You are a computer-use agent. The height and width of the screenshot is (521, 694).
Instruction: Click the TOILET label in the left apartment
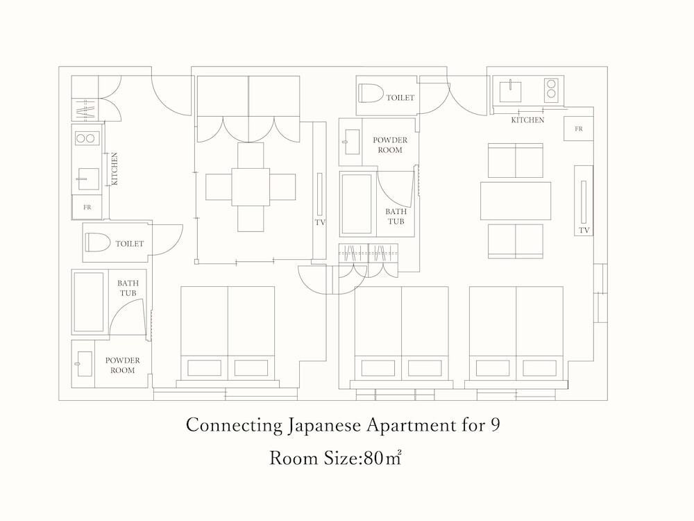point(130,244)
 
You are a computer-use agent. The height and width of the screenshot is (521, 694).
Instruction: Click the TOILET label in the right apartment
point(400,97)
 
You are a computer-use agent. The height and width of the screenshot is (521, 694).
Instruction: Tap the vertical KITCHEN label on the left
point(115,169)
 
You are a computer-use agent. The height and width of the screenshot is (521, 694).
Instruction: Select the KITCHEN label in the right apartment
point(527,120)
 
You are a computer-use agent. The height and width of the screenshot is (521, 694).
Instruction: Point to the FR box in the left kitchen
point(87,207)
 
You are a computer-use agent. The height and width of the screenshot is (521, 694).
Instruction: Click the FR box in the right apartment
point(579,129)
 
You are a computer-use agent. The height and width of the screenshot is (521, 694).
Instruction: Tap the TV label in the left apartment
point(320,222)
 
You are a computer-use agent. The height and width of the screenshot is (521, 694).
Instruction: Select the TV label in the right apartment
point(584,231)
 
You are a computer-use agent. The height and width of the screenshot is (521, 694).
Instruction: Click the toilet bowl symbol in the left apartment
point(98,242)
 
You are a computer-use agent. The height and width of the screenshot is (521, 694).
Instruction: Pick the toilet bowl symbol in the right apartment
point(371,93)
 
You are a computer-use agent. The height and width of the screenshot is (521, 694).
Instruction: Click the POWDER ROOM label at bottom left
point(123,365)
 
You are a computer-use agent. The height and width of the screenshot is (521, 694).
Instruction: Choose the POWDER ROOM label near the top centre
point(390,145)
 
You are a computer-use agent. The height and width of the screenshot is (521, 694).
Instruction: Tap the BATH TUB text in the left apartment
point(128,288)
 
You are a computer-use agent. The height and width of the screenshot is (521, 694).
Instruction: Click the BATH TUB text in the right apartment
point(396,216)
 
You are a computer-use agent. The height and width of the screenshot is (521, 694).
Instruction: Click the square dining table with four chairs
point(251,186)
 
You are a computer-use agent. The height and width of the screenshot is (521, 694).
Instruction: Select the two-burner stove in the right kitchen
point(551,89)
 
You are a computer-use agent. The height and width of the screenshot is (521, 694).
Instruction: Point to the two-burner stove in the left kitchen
point(85,138)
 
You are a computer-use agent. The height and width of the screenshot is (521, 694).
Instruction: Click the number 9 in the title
point(496,425)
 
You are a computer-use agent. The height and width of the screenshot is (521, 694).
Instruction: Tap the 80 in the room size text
point(373,458)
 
